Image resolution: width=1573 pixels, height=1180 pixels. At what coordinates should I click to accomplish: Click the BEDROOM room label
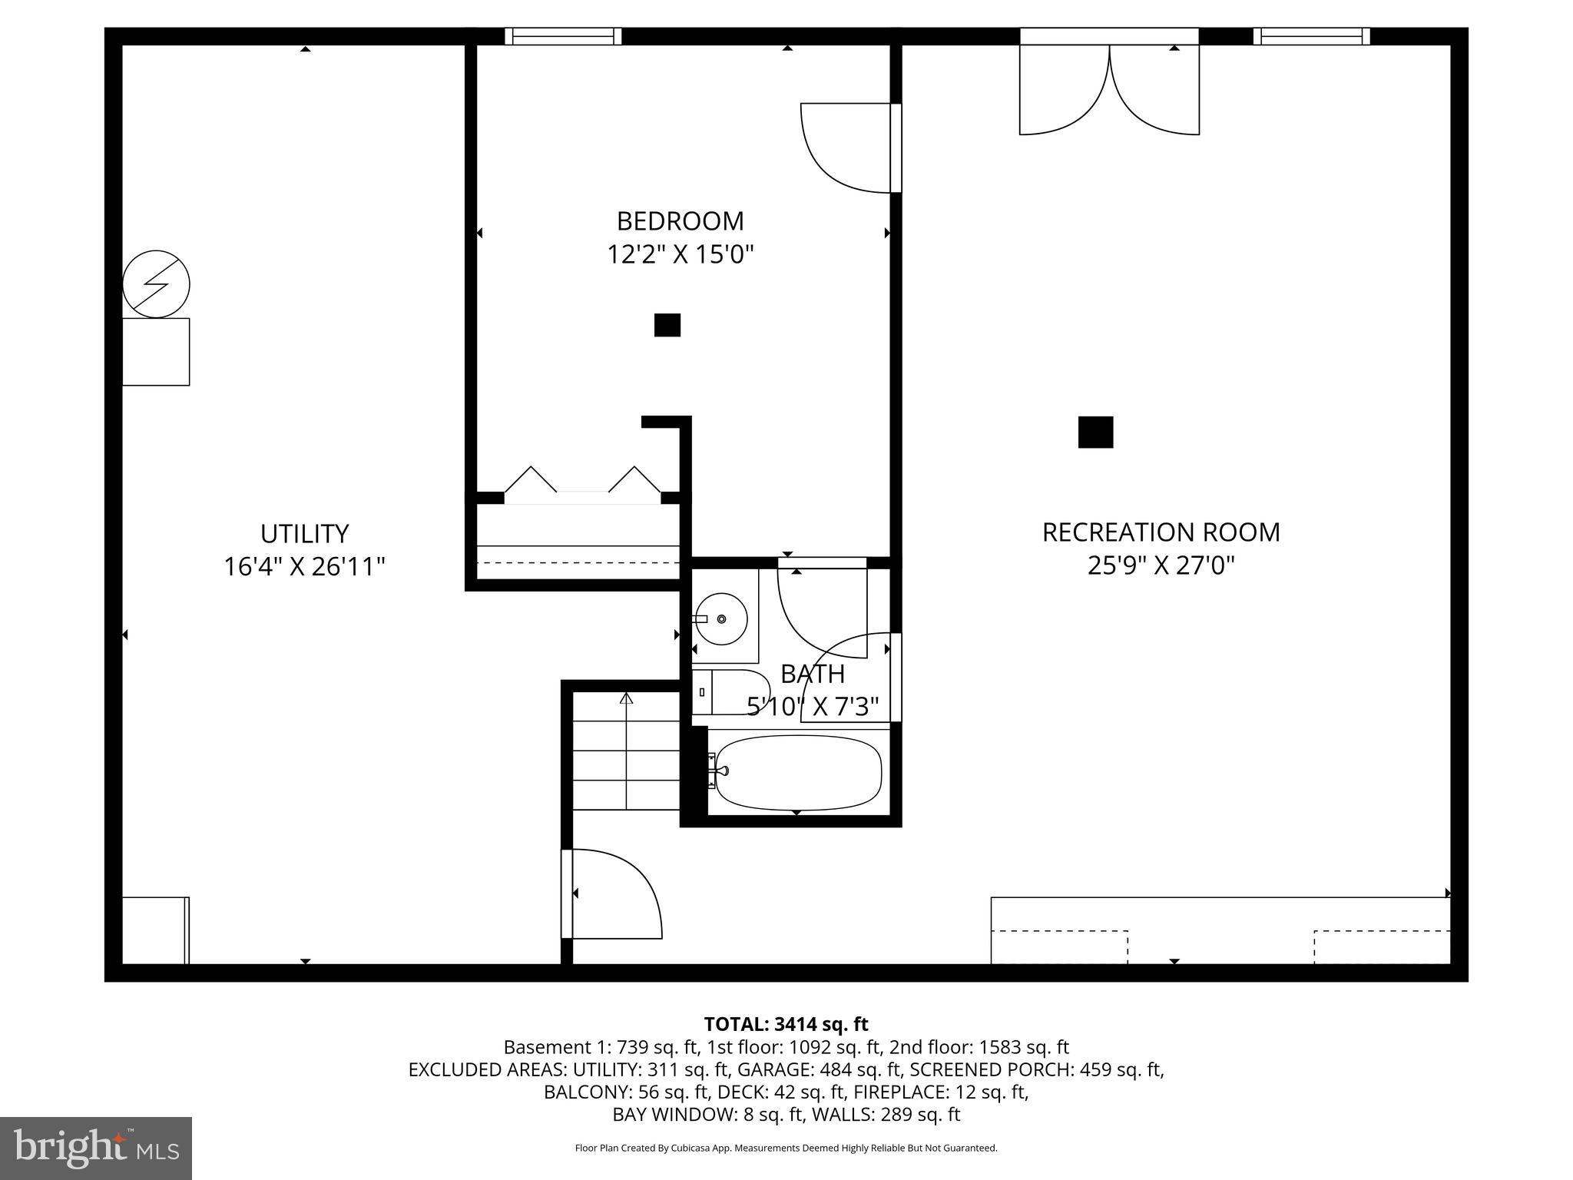click(680, 221)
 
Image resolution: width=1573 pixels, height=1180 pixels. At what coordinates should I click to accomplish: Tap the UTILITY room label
click(304, 533)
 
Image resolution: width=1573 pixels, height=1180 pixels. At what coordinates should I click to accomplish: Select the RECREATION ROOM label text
click(1161, 532)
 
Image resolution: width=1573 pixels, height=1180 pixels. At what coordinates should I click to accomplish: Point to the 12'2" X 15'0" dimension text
click(680, 254)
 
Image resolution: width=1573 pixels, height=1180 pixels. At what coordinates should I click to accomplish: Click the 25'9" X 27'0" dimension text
click(1161, 566)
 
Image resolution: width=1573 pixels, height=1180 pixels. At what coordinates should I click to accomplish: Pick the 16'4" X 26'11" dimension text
click(304, 567)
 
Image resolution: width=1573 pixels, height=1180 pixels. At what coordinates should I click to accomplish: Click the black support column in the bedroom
click(667, 325)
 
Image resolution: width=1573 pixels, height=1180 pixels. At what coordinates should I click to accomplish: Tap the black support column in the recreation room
click(1095, 432)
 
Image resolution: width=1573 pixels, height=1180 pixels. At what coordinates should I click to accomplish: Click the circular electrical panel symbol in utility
click(156, 283)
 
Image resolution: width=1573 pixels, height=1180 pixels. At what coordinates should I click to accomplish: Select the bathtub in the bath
click(797, 773)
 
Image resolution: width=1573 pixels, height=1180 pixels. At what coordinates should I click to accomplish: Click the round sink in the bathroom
click(721, 618)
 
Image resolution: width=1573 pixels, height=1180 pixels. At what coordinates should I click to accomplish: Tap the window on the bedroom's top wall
click(563, 36)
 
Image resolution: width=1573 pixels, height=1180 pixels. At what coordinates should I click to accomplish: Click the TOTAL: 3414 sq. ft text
click(786, 1024)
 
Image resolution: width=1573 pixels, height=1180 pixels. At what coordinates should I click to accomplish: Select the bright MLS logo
click(95, 1148)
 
